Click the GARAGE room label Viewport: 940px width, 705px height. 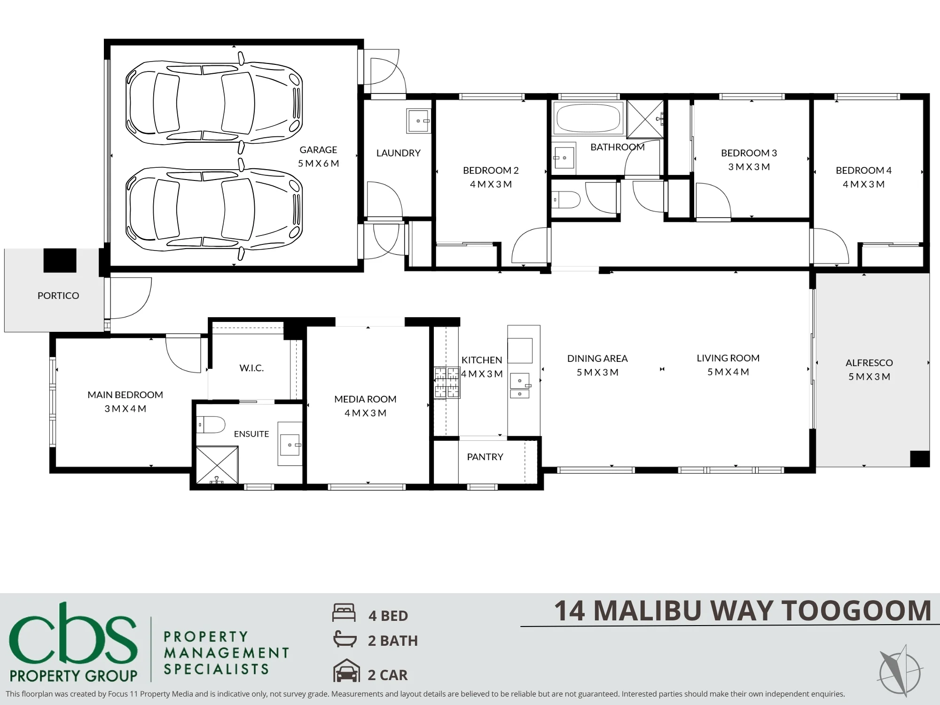(318, 150)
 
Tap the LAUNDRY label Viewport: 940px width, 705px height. (398, 153)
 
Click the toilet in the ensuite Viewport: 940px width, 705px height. (211, 424)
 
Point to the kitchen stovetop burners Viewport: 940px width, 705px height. (446, 383)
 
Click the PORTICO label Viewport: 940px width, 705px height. (58, 296)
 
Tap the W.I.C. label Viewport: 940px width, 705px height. (251, 368)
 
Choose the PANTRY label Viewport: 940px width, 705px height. (485, 457)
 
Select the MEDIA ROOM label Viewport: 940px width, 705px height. (365, 399)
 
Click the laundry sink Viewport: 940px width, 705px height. (418, 121)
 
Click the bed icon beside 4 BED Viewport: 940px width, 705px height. (344, 613)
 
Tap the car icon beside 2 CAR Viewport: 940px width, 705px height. (346, 671)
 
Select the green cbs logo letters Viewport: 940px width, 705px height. (73, 632)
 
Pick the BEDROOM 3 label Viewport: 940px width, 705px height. (749, 153)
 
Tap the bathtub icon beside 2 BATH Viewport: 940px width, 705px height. (345, 639)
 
